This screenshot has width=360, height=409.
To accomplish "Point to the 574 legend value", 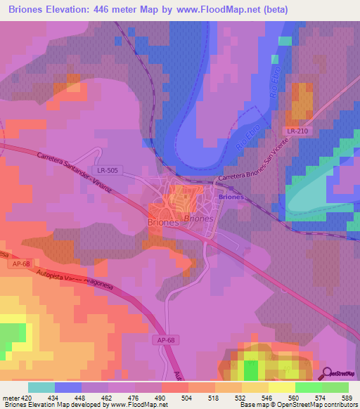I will [x=320, y=398].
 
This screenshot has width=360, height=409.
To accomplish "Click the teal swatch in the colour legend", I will [x=41, y=387].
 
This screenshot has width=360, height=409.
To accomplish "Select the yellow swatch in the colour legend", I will [x=282, y=387].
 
